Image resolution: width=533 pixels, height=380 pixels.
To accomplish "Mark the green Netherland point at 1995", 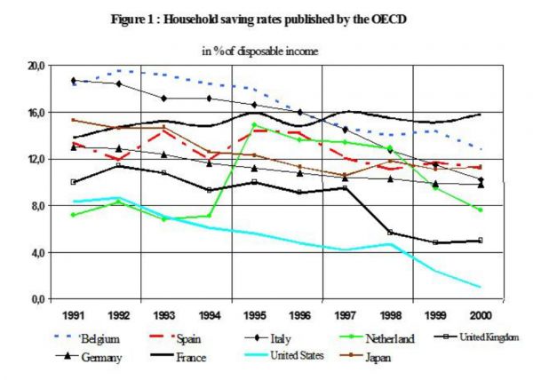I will point(254,125).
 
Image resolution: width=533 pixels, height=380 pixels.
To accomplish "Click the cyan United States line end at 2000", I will point(480,287).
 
